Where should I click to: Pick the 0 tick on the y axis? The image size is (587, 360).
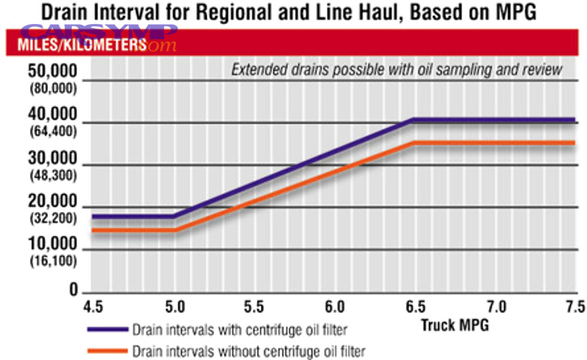tap(73, 290)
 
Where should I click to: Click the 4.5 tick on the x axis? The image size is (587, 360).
tap(93, 305)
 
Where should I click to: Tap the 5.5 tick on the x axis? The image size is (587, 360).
tap(254, 305)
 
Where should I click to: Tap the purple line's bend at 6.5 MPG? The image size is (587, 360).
tap(414, 120)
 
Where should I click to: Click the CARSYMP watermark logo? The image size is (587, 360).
tap(98, 33)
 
